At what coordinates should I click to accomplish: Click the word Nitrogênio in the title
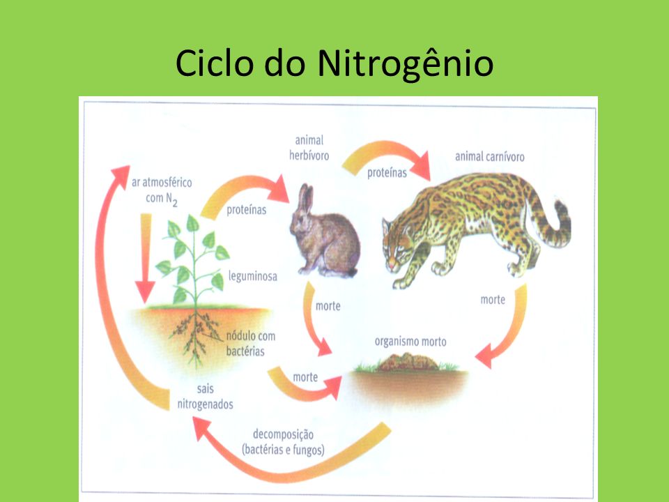point(406,64)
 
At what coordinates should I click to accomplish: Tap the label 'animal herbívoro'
point(309,148)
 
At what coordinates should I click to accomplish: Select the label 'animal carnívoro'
point(489,157)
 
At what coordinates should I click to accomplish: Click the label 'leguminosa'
point(252,276)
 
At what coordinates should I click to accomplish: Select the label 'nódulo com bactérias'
point(250,343)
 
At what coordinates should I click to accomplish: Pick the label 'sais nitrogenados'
point(205,396)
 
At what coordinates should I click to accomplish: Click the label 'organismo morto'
point(410,341)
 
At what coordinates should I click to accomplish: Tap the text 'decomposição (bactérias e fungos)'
point(283,442)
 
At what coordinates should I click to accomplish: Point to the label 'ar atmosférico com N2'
point(162,190)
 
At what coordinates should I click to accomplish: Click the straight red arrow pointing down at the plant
point(145,258)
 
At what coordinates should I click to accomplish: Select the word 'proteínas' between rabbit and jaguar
point(387,172)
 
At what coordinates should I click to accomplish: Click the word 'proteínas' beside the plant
point(246,210)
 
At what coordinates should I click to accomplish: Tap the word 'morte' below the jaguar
point(493,300)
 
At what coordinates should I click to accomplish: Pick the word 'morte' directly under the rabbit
point(328,305)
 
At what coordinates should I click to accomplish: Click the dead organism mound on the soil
point(408,363)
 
